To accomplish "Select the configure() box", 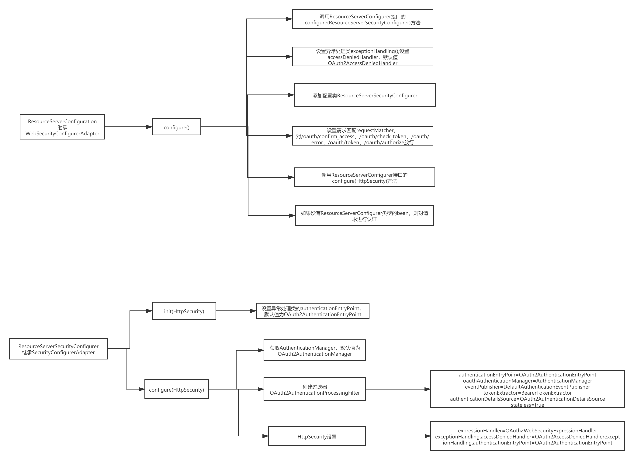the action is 176,127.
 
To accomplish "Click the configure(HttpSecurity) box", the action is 176,389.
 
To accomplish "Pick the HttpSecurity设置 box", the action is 317,436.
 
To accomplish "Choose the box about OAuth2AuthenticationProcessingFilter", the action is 314,389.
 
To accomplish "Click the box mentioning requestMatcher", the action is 362,136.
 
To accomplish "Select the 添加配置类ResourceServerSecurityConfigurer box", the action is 365,95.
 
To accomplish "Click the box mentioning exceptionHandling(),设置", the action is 362,57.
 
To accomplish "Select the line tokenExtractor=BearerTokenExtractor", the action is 527,393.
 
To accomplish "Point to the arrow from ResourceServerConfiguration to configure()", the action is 128,127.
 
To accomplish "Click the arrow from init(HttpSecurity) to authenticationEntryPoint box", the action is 236,311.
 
